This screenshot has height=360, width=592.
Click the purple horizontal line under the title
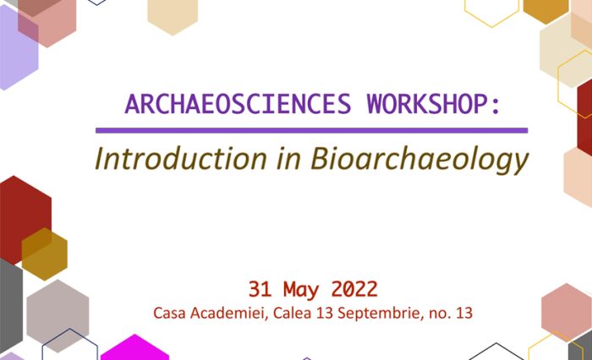point(311,131)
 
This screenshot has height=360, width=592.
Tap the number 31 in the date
point(260,288)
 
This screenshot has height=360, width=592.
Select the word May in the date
point(303,288)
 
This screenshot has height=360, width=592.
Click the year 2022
point(354,288)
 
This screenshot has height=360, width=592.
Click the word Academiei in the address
point(222,313)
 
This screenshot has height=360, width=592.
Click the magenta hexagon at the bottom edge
point(134,349)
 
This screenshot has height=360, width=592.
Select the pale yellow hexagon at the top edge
point(173,14)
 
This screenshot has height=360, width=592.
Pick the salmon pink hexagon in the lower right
point(565,312)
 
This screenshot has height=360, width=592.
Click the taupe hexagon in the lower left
point(58,314)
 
